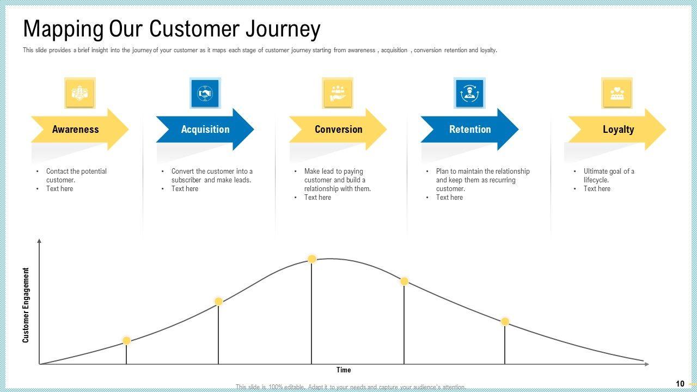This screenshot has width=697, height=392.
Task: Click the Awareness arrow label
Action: click(x=75, y=130)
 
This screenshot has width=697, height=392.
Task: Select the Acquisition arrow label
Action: click(x=205, y=130)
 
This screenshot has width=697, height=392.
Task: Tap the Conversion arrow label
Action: click(x=338, y=130)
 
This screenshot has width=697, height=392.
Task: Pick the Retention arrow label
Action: click(x=470, y=130)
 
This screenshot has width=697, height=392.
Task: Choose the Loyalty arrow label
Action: click(x=618, y=130)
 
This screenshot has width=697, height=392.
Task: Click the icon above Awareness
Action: click(x=80, y=93)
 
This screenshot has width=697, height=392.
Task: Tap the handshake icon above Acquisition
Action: click(x=205, y=93)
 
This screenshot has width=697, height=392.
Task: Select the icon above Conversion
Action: click(x=338, y=93)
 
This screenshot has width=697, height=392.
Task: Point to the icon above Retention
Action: click(x=469, y=93)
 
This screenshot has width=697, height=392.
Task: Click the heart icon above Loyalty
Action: click(x=617, y=93)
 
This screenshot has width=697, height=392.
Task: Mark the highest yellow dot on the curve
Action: click(x=312, y=259)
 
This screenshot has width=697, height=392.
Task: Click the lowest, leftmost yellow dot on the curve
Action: click(x=126, y=341)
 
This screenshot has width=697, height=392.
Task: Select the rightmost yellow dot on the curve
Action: click(x=505, y=322)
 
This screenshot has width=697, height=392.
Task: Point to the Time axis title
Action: click(x=344, y=370)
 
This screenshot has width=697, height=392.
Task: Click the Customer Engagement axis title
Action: click(x=26, y=305)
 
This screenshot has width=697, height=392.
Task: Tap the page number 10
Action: click(x=680, y=384)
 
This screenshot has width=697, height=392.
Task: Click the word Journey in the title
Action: click(x=278, y=29)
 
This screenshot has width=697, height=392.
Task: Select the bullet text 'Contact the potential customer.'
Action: click(x=76, y=175)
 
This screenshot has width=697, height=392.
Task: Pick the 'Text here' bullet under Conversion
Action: click(x=317, y=198)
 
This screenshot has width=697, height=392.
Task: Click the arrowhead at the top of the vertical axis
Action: click(x=39, y=241)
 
